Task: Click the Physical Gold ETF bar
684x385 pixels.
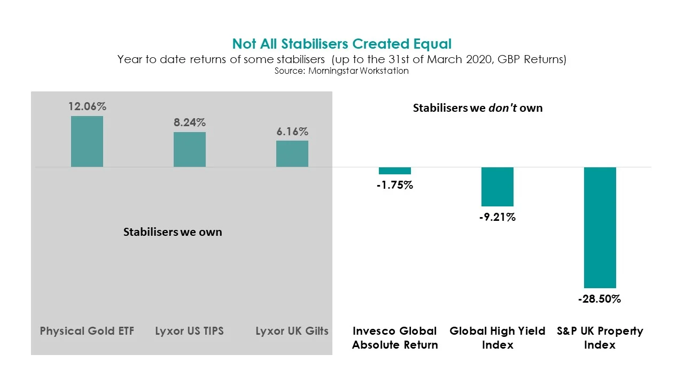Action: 87,142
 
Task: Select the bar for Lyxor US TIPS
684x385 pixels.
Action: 190,150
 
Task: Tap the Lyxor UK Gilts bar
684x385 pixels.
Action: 292,154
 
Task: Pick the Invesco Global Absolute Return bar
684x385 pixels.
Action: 395,171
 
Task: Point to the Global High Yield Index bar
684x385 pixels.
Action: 498,187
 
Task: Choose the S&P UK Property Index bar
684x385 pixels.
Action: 600,228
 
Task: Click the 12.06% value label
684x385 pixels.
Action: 87,106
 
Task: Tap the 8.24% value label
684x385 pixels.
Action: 190,122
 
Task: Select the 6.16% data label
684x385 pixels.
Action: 292,132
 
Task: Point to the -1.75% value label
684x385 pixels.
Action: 395,186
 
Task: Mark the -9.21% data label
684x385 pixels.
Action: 498,218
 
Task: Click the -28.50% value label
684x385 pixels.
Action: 600,299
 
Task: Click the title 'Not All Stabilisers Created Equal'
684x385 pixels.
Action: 342,44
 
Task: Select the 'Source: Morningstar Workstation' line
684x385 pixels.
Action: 342,71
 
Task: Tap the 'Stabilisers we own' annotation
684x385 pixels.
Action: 173,232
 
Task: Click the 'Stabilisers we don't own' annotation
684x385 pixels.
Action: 478,108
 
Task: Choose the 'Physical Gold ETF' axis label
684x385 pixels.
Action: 87,331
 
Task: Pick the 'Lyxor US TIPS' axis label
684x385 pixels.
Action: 190,331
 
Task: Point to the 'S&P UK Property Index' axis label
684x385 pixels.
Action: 600,338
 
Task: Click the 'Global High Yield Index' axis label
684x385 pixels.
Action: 498,338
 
